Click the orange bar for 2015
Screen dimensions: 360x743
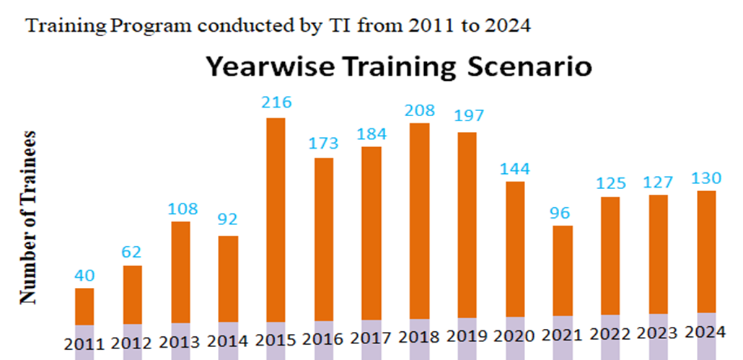pyautogui.click(x=276, y=219)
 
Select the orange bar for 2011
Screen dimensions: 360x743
pyautogui.click(x=85, y=307)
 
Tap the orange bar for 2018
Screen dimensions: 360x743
pyautogui.click(x=419, y=221)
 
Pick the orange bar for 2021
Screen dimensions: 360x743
pyautogui.click(x=563, y=271)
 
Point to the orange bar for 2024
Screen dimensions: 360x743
pyautogui.click(x=706, y=252)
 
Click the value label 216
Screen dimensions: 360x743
pyautogui.click(x=276, y=102)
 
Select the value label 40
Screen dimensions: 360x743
pyautogui.click(x=85, y=275)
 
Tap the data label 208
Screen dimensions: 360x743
pyautogui.click(x=419, y=110)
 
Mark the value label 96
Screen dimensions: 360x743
pyautogui.click(x=563, y=214)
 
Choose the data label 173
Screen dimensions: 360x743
pyautogui.click(x=323, y=144)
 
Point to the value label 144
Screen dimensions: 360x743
pyautogui.click(x=515, y=169)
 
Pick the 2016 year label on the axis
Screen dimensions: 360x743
pyautogui.click(x=323, y=339)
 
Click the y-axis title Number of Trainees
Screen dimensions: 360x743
pyautogui.click(x=28, y=216)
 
